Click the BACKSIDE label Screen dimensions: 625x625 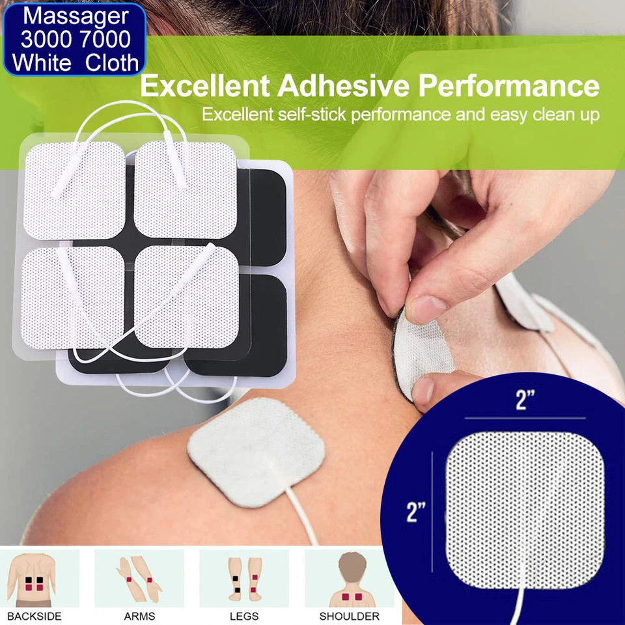[x=35, y=616]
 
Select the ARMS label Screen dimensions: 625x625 [x=139, y=616]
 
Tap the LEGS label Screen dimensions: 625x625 [x=244, y=616]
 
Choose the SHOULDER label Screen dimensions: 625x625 [x=349, y=616]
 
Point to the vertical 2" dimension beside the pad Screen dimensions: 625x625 [x=416, y=512]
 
